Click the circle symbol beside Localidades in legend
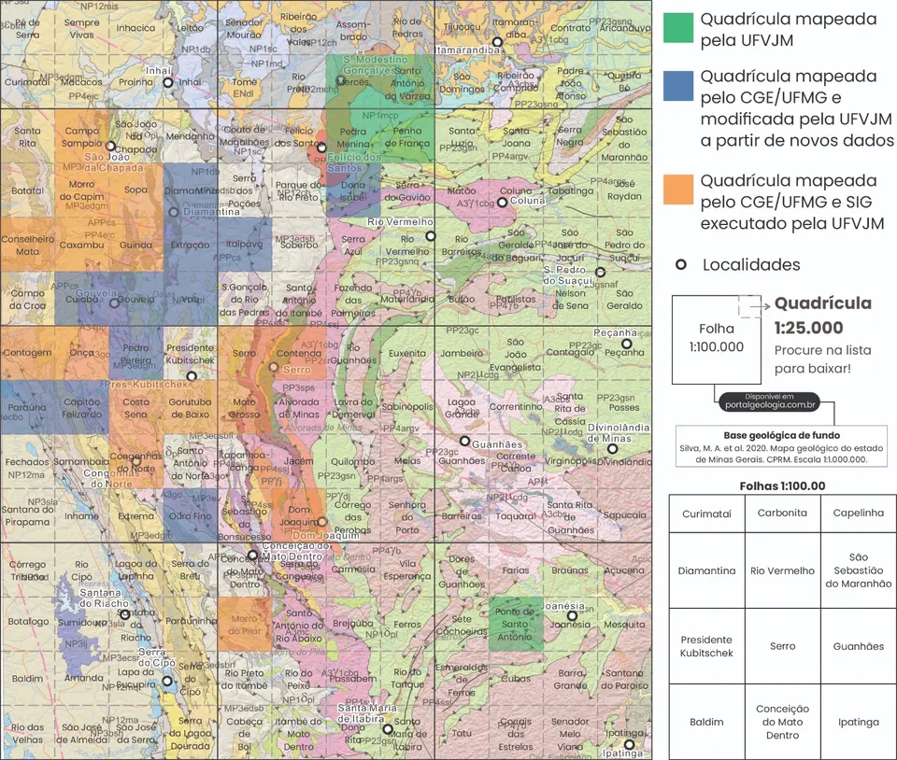(x=680, y=265)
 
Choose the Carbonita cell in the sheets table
(x=782, y=514)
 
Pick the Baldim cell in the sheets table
(x=706, y=722)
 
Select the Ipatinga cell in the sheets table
(x=858, y=722)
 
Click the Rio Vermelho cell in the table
(x=782, y=570)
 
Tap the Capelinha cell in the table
(x=858, y=514)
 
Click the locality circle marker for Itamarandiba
(x=498, y=42)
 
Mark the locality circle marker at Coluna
(x=502, y=202)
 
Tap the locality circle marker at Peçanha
(x=627, y=344)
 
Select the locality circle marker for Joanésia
(x=572, y=615)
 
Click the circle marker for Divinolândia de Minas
(x=612, y=449)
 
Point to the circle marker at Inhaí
(x=167, y=82)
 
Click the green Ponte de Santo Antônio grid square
(x=515, y=624)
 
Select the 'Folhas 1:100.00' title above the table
(x=782, y=486)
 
